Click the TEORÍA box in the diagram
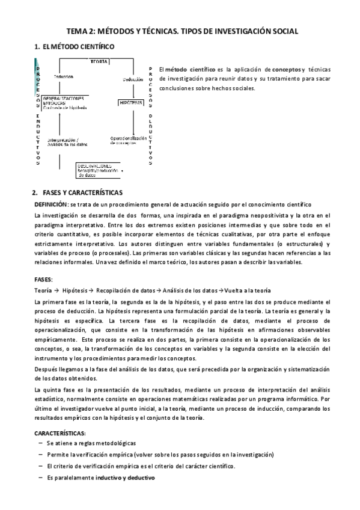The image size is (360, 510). pyautogui.click(x=99, y=61)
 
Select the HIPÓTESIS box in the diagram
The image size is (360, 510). pyautogui.click(x=131, y=103)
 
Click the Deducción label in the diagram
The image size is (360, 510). pyautogui.click(x=133, y=79)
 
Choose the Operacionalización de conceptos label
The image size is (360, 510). pyautogui.click(x=128, y=141)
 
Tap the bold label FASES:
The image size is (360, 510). pyautogui.click(x=44, y=280)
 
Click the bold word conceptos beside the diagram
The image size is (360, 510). pyautogui.click(x=284, y=69)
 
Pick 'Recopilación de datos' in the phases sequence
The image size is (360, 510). pyautogui.click(x=125, y=289)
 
